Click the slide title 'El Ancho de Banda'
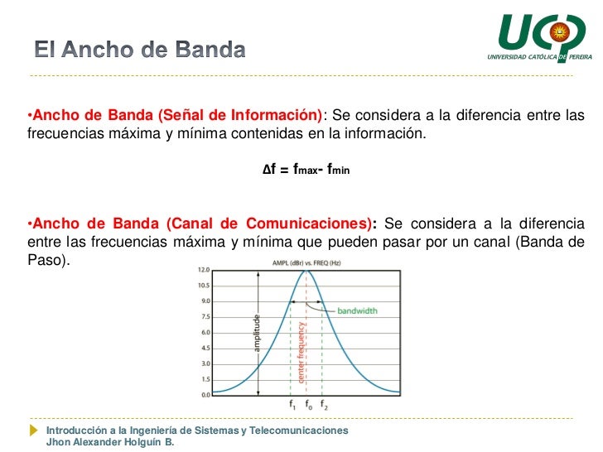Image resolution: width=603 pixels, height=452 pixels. tap(139, 50)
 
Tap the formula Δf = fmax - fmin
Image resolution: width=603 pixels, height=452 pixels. tap(306, 169)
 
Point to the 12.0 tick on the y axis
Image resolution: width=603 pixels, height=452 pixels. tap(203, 270)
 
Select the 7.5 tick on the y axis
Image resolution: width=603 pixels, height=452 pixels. tap(204, 317)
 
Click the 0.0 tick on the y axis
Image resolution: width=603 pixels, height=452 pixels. tap(204, 395)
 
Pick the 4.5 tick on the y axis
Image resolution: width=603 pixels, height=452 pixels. tap(204, 348)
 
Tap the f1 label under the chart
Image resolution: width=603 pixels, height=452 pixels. tap(292, 406)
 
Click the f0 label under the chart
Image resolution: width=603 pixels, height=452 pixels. tap(307, 406)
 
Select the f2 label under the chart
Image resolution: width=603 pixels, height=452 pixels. tap(323, 406)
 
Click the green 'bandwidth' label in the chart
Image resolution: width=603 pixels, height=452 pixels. tap(357, 311)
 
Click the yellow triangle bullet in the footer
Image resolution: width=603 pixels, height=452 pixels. tap(33, 431)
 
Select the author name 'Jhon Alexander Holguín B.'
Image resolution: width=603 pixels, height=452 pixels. tap(110, 442)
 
